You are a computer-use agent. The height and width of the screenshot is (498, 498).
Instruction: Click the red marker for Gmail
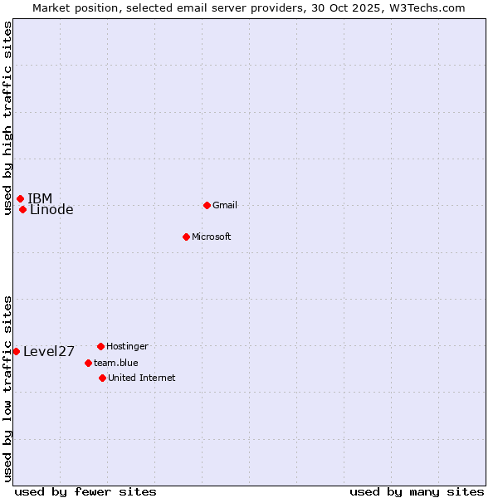click(x=207, y=205)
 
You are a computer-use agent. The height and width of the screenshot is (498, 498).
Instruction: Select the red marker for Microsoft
click(x=186, y=237)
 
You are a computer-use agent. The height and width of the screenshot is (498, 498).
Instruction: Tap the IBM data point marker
click(x=20, y=198)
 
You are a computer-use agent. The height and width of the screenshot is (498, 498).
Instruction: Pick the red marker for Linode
click(x=22, y=209)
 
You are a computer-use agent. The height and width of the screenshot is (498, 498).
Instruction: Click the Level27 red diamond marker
click(x=16, y=351)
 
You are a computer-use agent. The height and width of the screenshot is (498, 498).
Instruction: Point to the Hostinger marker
click(x=100, y=346)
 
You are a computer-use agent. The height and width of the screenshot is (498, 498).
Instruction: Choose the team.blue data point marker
click(x=88, y=363)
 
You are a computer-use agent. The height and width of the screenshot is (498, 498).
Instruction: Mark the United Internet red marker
click(x=102, y=378)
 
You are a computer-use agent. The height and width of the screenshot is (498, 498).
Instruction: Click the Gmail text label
click(x=225, y=205)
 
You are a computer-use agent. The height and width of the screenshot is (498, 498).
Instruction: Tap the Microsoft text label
click(x=212, y=237)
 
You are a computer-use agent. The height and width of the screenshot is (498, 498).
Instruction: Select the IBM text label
click(x=40, y=198)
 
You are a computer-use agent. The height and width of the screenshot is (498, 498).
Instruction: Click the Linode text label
click(x=51, y=210)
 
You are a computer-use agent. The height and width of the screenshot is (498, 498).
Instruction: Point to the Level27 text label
click(x=49, y=351)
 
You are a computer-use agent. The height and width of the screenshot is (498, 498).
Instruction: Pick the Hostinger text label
click(x=127, y=346)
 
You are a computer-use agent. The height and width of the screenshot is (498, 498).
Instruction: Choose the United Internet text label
click(x=142, y=378)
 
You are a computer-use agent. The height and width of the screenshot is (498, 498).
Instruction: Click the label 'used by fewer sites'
click(x=85, y=491)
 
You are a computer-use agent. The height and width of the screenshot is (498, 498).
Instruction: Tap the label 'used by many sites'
click(x=417, y=491)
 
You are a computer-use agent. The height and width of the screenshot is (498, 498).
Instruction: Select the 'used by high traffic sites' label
click(x=7, y=118)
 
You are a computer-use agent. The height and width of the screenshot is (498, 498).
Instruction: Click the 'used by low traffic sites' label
click(x=7, y=388)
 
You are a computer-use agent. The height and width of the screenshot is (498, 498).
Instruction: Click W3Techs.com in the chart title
click(x=426, y=7)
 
